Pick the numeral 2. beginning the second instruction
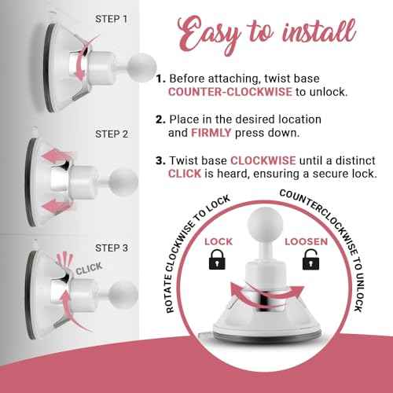[160, 119]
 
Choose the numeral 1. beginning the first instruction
[160, 79]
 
